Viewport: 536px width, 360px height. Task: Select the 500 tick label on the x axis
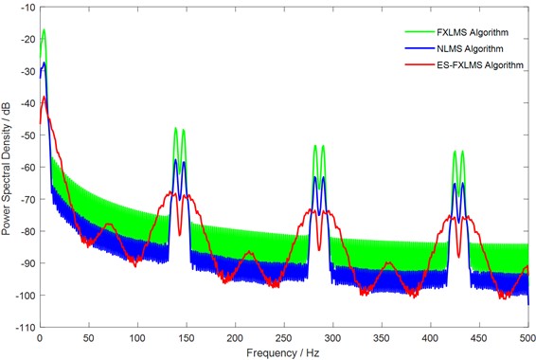pos(527,337)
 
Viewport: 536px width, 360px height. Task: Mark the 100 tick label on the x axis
pos(136,337)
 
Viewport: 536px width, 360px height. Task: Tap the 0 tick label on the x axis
pos(39,337)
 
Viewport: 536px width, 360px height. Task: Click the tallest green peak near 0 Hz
pos(44,30)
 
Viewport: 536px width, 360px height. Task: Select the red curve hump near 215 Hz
pos(249,253)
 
